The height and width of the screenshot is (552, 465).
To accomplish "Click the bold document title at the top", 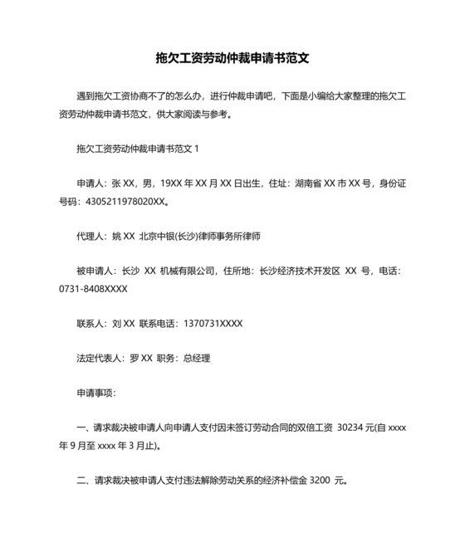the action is (232, 58).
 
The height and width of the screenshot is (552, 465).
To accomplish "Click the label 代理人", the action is (90, 237).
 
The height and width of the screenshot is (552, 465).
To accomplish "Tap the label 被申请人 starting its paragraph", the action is (94, 271).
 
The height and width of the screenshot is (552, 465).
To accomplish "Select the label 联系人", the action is (90, 323).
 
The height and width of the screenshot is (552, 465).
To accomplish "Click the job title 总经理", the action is (196, 359).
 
